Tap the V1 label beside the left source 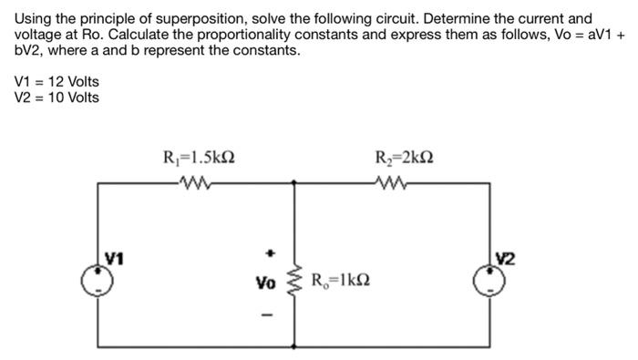pos(113,256)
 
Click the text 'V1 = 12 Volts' pos(57,82)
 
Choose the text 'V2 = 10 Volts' pos(57,98)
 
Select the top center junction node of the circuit pos(293,183)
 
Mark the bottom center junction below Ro pos(293,346)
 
